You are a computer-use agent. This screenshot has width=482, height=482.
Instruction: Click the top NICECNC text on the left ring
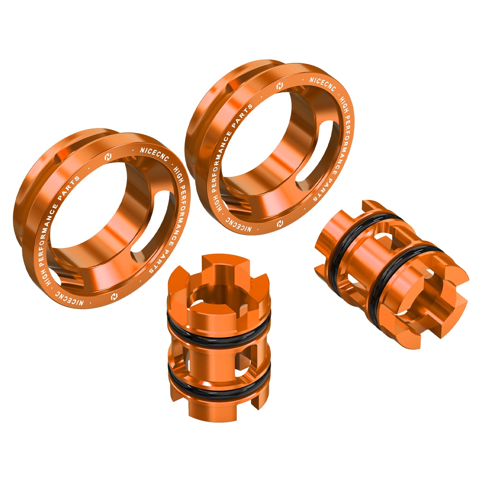(154, 154)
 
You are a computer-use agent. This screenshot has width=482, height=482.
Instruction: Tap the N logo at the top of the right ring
(280, 86)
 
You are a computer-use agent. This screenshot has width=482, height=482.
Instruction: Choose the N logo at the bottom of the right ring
(280, 223)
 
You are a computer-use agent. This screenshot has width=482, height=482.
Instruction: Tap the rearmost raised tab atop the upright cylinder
(225, 262)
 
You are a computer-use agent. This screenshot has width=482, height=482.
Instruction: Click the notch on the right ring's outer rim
(236, 85)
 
